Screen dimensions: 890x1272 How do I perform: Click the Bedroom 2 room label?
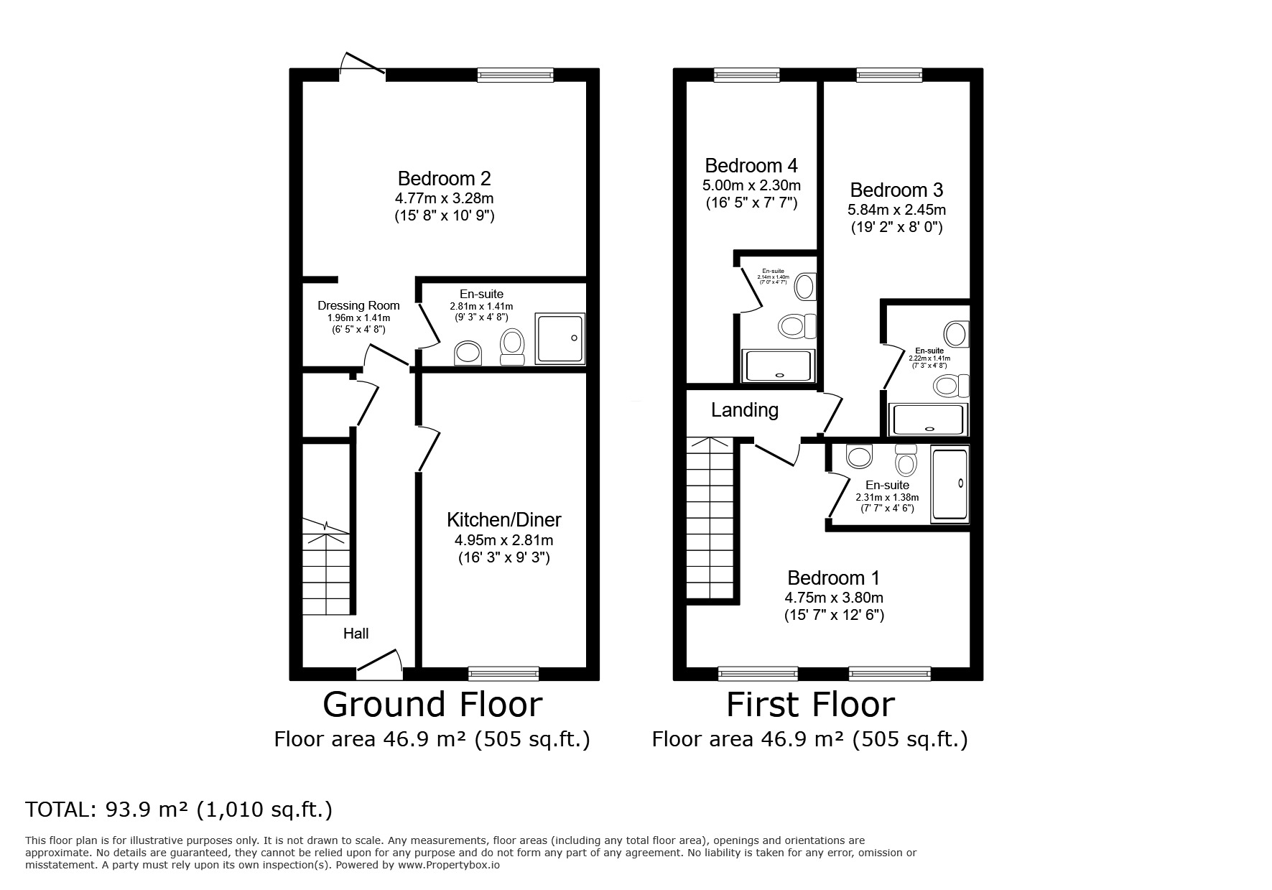444,178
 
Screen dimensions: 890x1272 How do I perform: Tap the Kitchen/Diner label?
503,519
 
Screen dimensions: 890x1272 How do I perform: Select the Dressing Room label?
358,305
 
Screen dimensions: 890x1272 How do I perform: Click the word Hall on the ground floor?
356,634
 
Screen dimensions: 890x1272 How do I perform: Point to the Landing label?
745,410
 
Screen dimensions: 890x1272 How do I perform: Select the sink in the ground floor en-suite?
468,353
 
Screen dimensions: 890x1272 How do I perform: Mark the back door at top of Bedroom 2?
363,65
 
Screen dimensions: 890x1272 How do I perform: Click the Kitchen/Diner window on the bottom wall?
503,673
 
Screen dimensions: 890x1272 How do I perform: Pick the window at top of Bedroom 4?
746,75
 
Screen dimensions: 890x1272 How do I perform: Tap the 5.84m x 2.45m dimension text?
896,210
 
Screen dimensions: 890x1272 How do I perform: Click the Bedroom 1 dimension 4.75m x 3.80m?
834,598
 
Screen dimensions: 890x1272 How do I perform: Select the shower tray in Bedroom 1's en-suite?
950,483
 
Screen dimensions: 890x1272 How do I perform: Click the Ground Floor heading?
432,705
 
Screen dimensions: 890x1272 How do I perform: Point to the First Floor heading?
810,705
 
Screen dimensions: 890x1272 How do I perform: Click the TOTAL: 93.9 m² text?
179,810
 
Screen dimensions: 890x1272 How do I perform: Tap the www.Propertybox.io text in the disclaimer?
447,865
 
